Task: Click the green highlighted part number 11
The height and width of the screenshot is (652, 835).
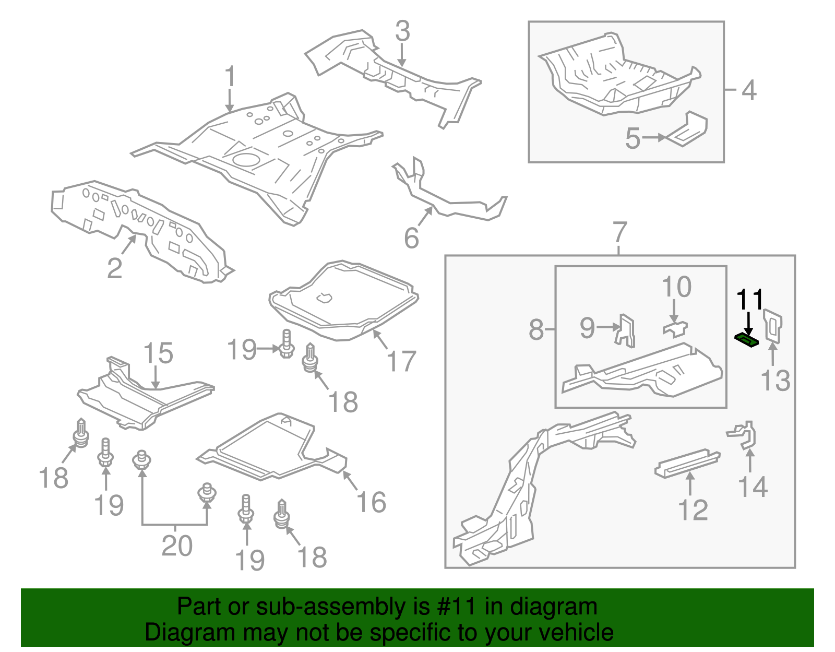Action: pos(746,340)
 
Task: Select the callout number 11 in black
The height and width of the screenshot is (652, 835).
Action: pos(750,300)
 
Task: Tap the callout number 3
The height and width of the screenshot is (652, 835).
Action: pos(402,31)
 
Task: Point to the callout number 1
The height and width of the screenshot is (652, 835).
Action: pos(230,76)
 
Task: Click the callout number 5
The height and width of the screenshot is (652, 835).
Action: pos(633,138)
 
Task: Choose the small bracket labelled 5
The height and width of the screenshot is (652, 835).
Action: pos(686,129)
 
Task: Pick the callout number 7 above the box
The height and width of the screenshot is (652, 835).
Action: pos(618,232)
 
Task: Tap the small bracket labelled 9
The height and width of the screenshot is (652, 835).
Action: pos(625,331)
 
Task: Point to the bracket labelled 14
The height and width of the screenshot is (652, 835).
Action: pos(742,435)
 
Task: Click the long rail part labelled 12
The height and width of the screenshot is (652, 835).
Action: pos(687,464)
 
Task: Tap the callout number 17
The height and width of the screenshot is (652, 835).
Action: pos(401,361)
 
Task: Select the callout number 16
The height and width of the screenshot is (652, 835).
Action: pos(371,502)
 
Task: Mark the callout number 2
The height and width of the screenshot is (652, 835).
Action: pos(114,268)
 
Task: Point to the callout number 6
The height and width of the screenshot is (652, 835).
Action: pos(411,238)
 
